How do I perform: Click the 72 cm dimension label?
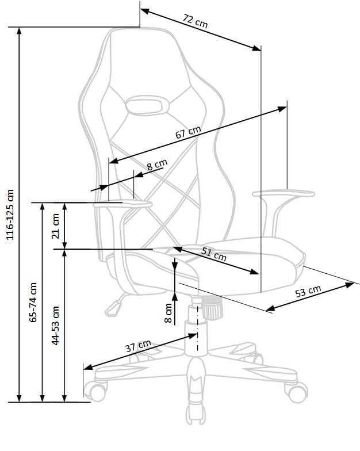pos(195,22)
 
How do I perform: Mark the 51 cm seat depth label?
pos(214,254)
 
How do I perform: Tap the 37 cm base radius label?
pos(138,347)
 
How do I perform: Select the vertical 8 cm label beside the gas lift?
pos(168,312)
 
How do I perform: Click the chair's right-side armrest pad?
pos(284,194)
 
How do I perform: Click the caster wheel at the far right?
pos(297,393)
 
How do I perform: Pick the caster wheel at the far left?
pos(94,391)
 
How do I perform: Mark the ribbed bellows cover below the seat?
pos(213,309)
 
